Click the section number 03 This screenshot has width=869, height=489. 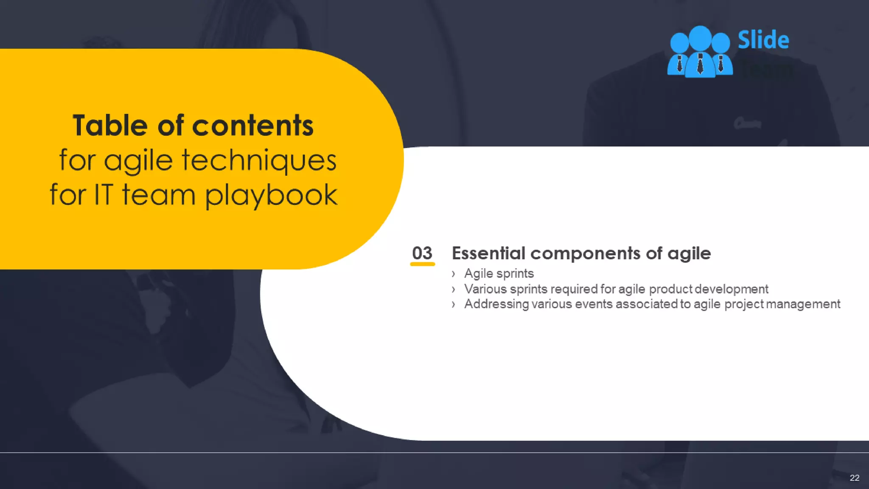(422, 253)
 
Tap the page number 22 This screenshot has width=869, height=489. (854, 478)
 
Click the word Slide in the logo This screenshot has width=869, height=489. (763, 40)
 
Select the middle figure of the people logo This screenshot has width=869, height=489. (700, 53)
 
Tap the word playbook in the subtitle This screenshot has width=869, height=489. (271, 195)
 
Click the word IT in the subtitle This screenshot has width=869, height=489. (104, 195)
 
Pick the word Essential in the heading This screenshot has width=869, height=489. (488, 253)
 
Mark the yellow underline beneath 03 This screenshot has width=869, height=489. (422, 264)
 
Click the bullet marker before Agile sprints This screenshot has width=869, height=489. (454, 274)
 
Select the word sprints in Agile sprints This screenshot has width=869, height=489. (515, 274)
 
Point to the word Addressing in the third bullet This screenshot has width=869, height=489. (496, 304)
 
